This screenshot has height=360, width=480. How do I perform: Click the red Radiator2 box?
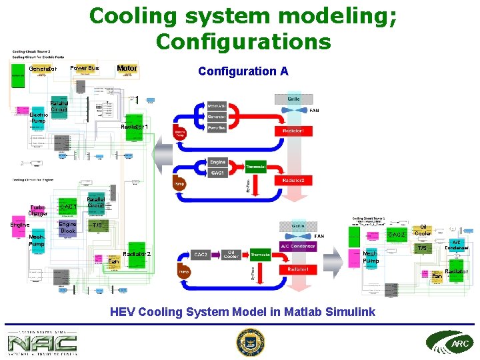293,180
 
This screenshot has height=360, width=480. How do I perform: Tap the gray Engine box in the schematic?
218,162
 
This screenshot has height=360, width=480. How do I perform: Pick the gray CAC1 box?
218,173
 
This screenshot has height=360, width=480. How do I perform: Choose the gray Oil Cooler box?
231,255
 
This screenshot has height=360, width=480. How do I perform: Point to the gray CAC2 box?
201,255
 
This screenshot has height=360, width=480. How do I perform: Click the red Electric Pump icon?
180,131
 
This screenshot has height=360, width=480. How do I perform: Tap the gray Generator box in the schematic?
217,116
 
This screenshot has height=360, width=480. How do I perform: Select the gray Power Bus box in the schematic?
217,127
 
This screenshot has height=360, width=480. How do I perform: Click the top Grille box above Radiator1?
293,99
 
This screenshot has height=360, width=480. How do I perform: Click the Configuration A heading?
243,71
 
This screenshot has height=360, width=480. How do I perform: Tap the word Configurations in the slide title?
243,41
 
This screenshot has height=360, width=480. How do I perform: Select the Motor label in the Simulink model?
127,68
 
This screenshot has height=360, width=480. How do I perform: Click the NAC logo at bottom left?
42,343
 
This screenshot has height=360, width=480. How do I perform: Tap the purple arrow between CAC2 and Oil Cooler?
215,255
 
